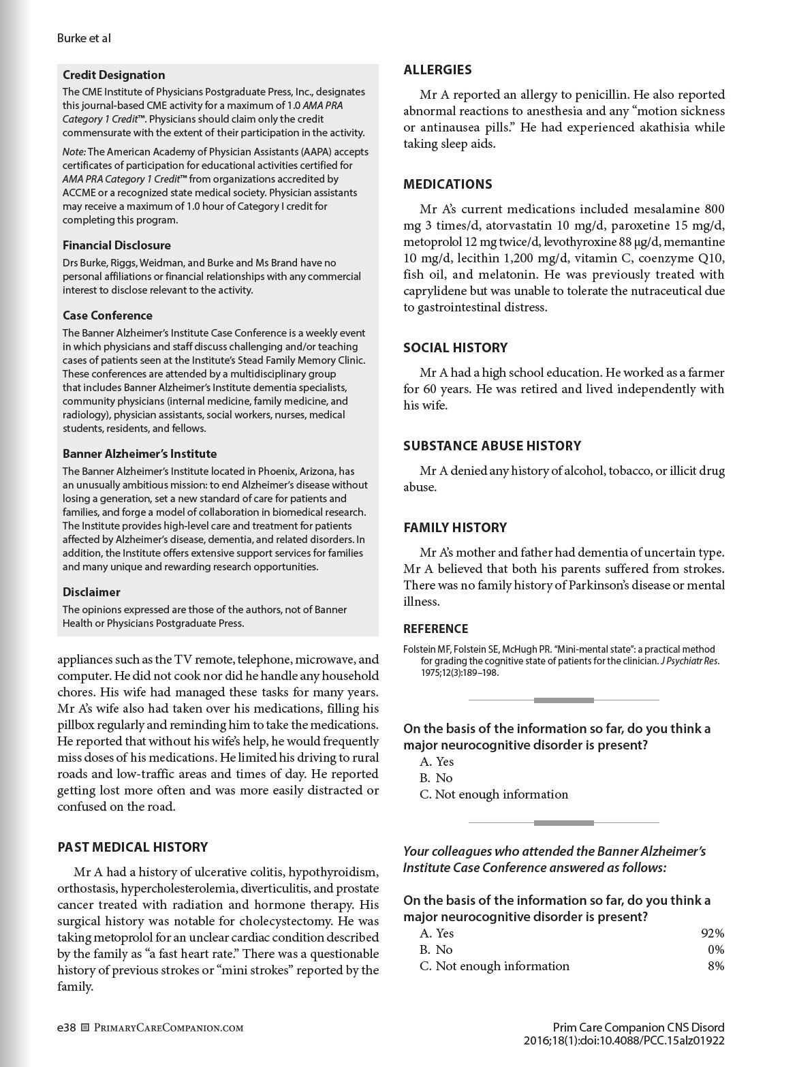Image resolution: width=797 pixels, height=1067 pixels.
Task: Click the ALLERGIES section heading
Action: tap(437, 69)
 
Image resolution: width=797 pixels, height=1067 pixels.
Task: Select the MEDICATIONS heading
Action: tap(448, 184)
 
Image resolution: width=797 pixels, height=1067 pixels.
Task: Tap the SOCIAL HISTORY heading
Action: tap(455, 347)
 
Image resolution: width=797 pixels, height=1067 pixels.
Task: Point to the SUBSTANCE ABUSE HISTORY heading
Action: tap(492, 446)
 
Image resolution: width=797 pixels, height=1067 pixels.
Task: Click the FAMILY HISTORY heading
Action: tap(455, 527)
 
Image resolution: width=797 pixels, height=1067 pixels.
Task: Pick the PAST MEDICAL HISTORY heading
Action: tap(132, 847)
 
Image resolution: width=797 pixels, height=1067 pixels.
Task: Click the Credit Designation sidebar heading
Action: tap(114, 75)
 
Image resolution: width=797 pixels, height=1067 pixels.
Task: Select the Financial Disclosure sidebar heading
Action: tap(116, 245)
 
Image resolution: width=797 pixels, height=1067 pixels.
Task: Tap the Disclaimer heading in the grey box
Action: tap(91, 592)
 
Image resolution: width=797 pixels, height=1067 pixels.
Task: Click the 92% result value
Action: tap(713, 933)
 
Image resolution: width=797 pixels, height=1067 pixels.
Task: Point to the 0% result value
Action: tap(716, 950)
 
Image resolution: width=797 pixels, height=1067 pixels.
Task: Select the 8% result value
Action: tap(716, 966)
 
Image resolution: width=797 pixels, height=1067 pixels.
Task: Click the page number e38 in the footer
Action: tap(66, 1027)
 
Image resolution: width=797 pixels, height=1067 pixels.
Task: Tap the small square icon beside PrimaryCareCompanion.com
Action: tap(85, 1027)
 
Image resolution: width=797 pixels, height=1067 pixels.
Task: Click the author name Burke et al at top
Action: tap(84, 38)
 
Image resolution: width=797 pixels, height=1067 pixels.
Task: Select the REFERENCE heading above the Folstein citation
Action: tap(435, 629)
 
